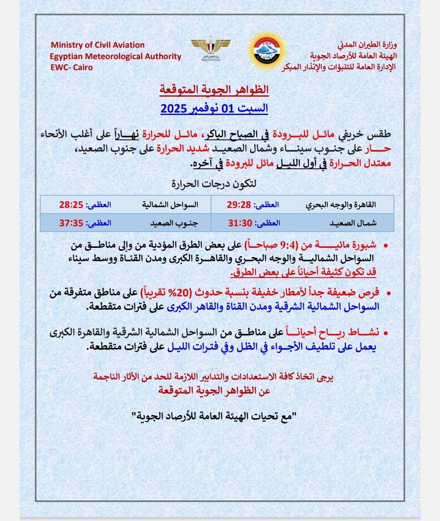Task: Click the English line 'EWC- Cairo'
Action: pos(72,67)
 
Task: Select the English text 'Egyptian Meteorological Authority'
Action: pos(115,56)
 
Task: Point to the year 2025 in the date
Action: pos(174,109)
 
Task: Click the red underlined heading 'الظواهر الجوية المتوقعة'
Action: pos(214,89)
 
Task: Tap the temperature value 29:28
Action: pos(239,205)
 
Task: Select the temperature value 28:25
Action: pos(71,205)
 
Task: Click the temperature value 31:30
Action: pos(240,223)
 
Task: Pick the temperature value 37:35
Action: pos(71,223)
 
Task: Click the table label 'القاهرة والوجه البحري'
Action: pos(341,205)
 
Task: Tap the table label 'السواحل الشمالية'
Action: pos(170,205)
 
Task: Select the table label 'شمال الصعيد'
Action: pos(353,223)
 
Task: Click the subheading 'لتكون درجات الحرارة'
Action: pos(214,184)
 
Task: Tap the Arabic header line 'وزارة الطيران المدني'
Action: pos(367,44)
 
